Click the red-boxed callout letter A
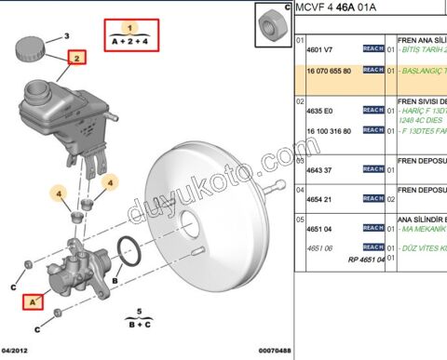click(34, 300)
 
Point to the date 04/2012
click(17, 351)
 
